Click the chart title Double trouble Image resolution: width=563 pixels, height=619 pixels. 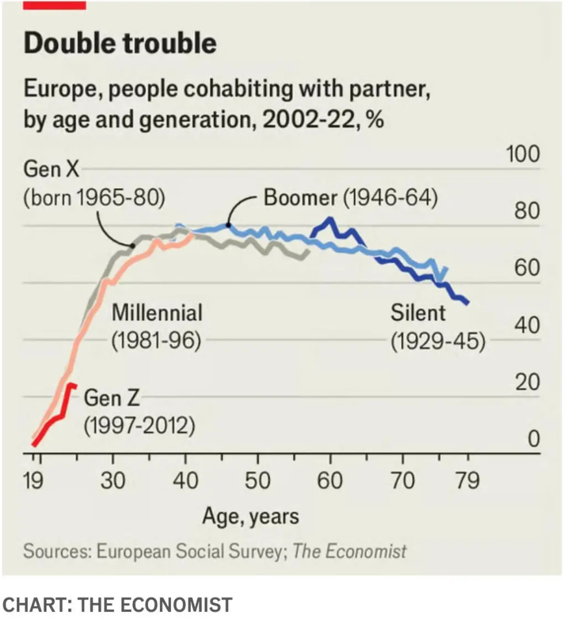119,43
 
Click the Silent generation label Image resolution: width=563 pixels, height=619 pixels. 418,313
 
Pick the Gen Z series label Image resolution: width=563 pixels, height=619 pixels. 108,396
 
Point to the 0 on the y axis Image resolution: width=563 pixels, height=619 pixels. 532,440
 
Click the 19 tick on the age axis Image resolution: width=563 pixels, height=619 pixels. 37,482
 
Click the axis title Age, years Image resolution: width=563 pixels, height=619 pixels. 251,516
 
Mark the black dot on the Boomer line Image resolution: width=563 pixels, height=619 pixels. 229,225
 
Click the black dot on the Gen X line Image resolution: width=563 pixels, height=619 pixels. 132,246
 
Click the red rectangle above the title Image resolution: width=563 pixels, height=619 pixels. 55,5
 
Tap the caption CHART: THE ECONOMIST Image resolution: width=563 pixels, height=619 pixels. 117,605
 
